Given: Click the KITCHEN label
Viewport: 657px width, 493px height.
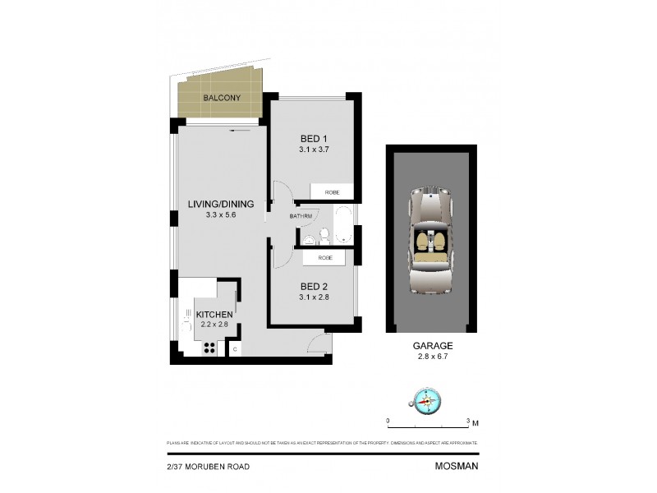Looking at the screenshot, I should point(215,315).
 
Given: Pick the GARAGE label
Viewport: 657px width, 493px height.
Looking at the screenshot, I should point(432,347).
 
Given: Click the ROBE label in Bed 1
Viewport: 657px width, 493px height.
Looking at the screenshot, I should point(332,193).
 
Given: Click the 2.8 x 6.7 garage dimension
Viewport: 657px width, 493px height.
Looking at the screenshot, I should point(432,357).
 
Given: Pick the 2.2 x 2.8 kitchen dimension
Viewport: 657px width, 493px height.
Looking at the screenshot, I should point(215,325).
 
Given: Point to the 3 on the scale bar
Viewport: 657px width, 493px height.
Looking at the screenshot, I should point(467,421).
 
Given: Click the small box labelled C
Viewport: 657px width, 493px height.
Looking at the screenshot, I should point(235,349).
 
